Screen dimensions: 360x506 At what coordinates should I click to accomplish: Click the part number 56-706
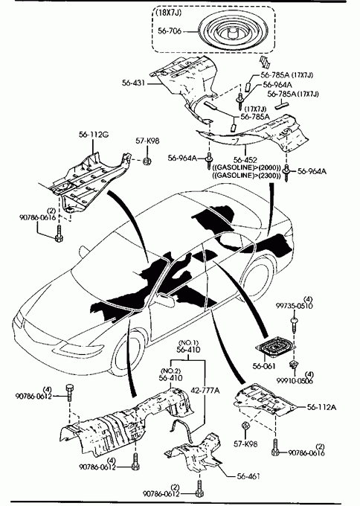pyautogui.click(x=170, y=31)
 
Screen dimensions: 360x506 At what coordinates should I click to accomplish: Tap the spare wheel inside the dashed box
pyautogui.click(x=231, y=31)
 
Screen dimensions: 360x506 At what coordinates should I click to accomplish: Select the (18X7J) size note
pyautogui.click(x=169, y=13)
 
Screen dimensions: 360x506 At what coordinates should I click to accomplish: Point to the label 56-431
pyautogui.click(x=133, y=83)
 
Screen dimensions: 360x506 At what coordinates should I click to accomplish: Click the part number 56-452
pyautogui.click(x=245, y=160)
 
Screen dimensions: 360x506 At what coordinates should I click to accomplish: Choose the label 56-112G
pyautogui.click(x=94, y=135)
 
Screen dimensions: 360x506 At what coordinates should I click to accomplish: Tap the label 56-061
pyautogui.click(x=264, y=366)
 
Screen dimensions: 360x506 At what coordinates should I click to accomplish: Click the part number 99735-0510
pyautogui.click(x=295, y=306)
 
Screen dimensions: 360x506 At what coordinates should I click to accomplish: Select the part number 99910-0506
pyautogui.click(x=295, y=380)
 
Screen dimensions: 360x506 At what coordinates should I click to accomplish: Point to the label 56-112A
pyautogui.click(x=321, y=407)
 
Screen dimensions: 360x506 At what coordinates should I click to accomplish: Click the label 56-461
pyautogui.click(x=248, y=476)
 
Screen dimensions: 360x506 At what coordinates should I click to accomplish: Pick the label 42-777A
pyautogui.click(x=205, y=390)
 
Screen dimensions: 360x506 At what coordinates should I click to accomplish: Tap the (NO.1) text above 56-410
pyautogui.click(x=189, y=342)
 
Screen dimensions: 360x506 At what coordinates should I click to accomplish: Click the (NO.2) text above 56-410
pyautogui.click(x=170, y=371)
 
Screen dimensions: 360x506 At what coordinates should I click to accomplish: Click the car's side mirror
pyautogui.click(x=166, y=299)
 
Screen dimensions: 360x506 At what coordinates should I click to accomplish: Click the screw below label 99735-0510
pyautogui.click(x=295, y=326)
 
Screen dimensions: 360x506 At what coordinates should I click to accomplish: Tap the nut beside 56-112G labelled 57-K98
pyautogui.click(x=147, y=161)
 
